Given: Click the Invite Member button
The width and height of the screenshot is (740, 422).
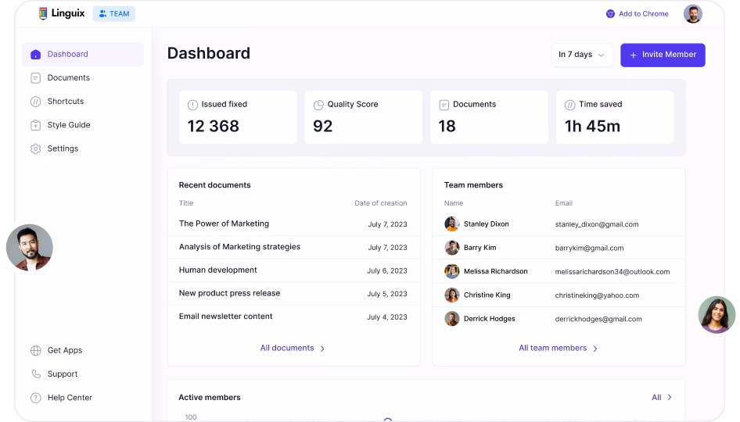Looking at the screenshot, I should (x=663, y=55).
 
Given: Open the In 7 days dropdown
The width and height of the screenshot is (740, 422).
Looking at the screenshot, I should (x=582, y=55).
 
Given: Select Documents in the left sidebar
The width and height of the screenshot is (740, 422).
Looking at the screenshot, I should (x=68, y=78).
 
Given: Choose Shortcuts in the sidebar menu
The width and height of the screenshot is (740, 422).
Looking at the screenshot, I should (x=65, y=102).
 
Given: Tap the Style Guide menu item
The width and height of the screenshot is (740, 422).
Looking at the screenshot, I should (x=68, y=125).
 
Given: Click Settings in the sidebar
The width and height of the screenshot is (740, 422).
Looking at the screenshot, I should (x=63, y=148).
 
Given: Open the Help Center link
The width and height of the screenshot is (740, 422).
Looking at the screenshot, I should (x=70, y=398).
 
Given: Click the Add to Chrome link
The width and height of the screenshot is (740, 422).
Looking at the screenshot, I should (x=643, y=14).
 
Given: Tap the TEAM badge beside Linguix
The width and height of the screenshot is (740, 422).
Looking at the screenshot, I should (x=114, y=14).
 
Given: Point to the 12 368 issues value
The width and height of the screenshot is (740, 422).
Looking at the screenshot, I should (x=214, y=127).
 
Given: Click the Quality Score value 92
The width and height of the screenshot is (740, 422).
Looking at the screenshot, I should (x=322, y=127).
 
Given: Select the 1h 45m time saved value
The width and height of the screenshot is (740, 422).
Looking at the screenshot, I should (x=592, y=127).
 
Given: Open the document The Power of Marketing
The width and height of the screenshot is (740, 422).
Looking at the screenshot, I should (x=224, y=224).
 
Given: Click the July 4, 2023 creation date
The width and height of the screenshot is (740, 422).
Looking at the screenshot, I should (x=387, y=317).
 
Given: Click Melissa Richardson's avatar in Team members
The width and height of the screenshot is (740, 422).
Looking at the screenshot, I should (x=452, y=271).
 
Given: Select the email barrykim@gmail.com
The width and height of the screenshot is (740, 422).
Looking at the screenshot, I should (x=589, y=248).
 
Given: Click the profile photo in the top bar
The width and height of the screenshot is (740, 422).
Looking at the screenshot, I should (x=692, y=14).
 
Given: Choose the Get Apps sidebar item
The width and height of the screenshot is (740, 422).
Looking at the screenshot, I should (x=64, y=351).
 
